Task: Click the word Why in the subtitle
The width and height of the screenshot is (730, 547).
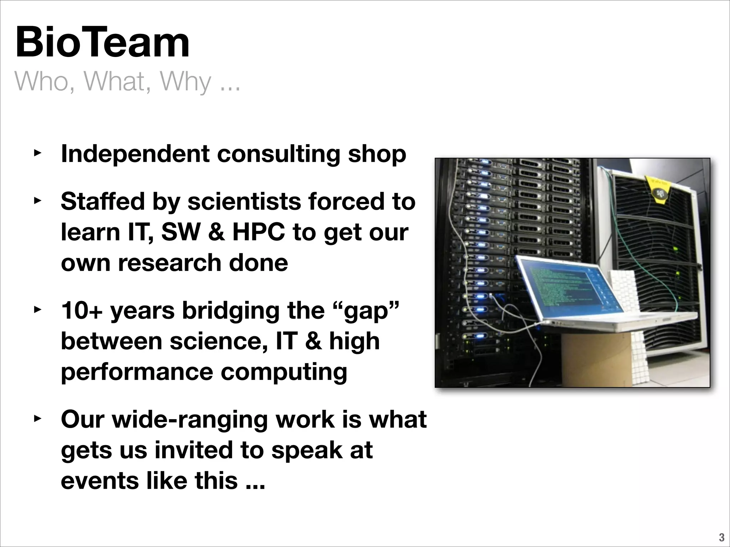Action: tap(185, 82)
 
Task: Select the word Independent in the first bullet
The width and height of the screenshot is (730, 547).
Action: tap(135, 154)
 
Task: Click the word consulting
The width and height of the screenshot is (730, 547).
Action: tap(278, 155)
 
